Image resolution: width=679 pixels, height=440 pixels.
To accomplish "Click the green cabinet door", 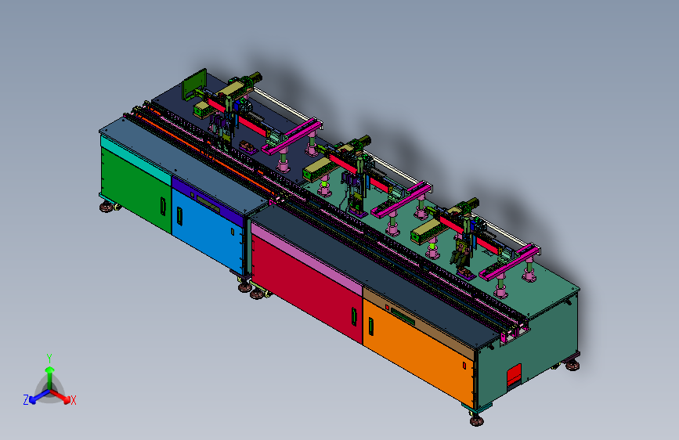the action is point(136,189).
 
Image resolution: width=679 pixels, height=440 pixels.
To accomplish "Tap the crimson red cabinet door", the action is point(306,288).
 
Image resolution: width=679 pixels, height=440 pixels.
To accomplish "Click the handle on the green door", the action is point(163,206).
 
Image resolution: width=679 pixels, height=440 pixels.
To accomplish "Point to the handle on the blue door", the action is point(179,216).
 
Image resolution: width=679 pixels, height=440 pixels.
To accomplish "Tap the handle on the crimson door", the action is point(354,316).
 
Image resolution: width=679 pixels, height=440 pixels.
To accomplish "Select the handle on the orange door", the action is point(370,326).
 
